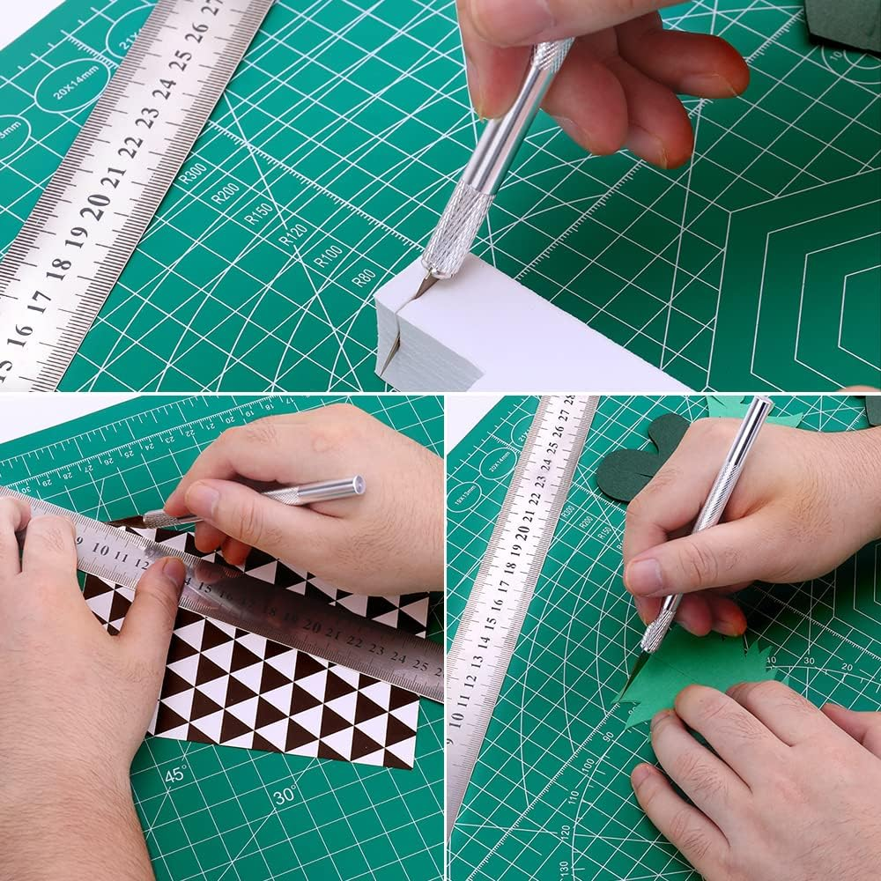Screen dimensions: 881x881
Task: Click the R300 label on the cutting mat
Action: [191, 172]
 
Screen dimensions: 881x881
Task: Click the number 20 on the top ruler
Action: [95, 204]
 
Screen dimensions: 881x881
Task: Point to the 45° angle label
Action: [175, 774]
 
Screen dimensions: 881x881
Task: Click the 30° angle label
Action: [284, 796]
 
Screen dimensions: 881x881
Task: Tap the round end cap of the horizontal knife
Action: [356, 485]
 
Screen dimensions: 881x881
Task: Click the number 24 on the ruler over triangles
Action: [397, 656]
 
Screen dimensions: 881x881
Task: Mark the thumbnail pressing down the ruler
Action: [174, 574]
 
